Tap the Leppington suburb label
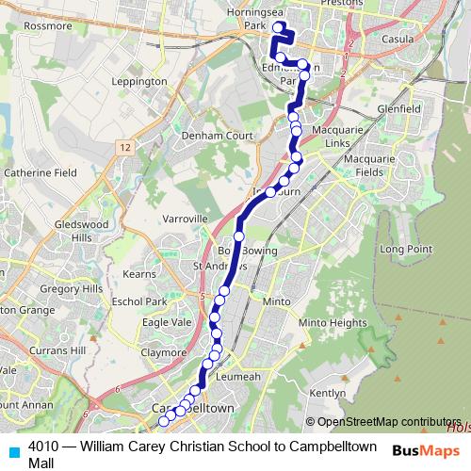(x=139, y=82)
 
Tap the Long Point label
(x=405, y=248)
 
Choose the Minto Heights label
(x=332, y=322)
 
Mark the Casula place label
(x=399, y=41)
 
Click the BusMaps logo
(x=427, y=450)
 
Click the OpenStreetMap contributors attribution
(x=389, y=422)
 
